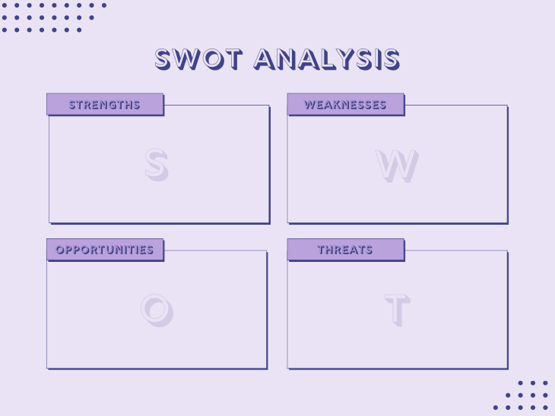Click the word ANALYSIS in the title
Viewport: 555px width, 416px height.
click(x=327, y=59)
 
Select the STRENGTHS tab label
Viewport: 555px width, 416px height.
click(x=105, y=105)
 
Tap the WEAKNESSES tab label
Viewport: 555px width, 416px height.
click(x=345, y=105)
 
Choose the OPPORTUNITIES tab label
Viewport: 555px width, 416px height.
click(x=105, y=250)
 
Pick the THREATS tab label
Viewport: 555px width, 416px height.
click(x=345, y=250)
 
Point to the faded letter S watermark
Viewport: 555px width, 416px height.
click(x=156, y=164)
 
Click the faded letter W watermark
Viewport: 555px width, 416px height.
click(x=397, y=165)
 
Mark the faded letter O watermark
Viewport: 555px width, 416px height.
click(x=156, y=309)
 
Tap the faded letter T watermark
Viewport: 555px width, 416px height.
click(x=397, y=310)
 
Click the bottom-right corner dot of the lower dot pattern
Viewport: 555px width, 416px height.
click(x=544, y=407)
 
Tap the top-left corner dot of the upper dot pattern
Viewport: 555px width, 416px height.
click(x=5, y=5)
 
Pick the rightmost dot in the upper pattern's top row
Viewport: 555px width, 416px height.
click(x=104, y=5)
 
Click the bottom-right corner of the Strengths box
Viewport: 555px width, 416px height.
click(x=269, y=223)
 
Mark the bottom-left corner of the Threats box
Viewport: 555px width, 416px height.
click(x=287, y=368)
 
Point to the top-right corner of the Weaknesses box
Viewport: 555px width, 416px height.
click(x=507, y=106)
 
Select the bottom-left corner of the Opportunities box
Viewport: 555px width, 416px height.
click(x=47, y=368)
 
